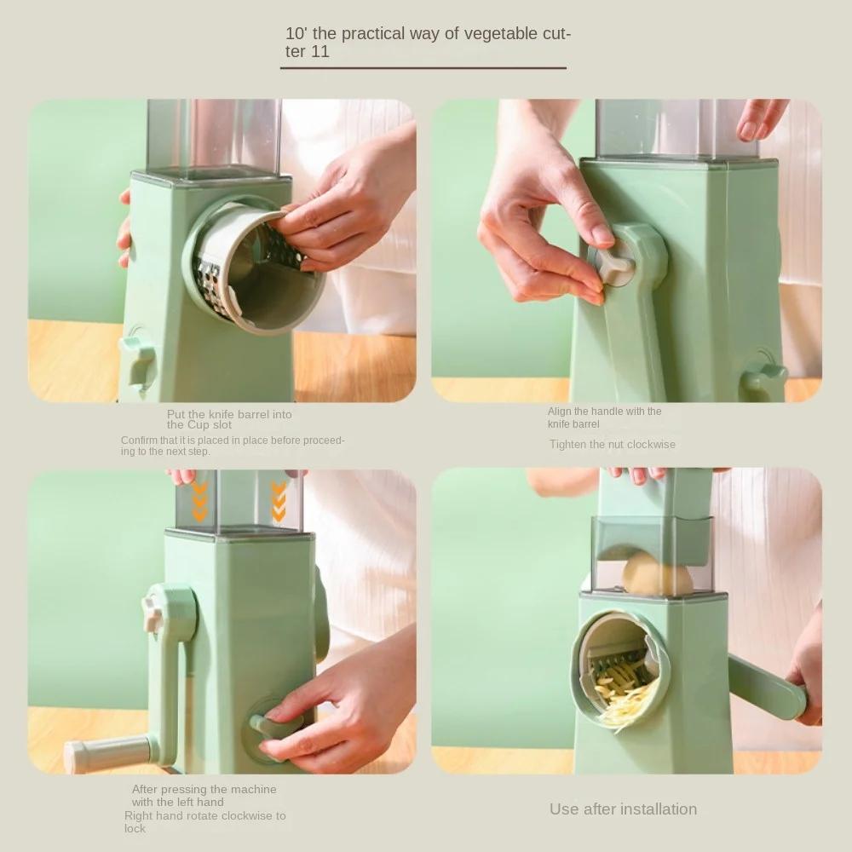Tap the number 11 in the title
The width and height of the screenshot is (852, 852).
click(x=320, y=52)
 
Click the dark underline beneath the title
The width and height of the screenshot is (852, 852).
click(x=423, y=67)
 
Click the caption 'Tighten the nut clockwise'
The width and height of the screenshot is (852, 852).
click(x=612, y=444)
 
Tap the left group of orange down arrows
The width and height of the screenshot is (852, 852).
click(x=199, y=500)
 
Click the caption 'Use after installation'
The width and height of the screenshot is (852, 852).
click(x=623, y=809)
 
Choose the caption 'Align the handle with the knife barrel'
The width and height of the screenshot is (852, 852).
click(x=604, y=417)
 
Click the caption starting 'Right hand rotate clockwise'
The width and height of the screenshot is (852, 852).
click(x=204, y=821)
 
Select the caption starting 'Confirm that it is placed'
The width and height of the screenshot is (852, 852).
click(x=233, y=446)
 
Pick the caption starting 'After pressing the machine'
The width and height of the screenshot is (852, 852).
click(x=204, y=795)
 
